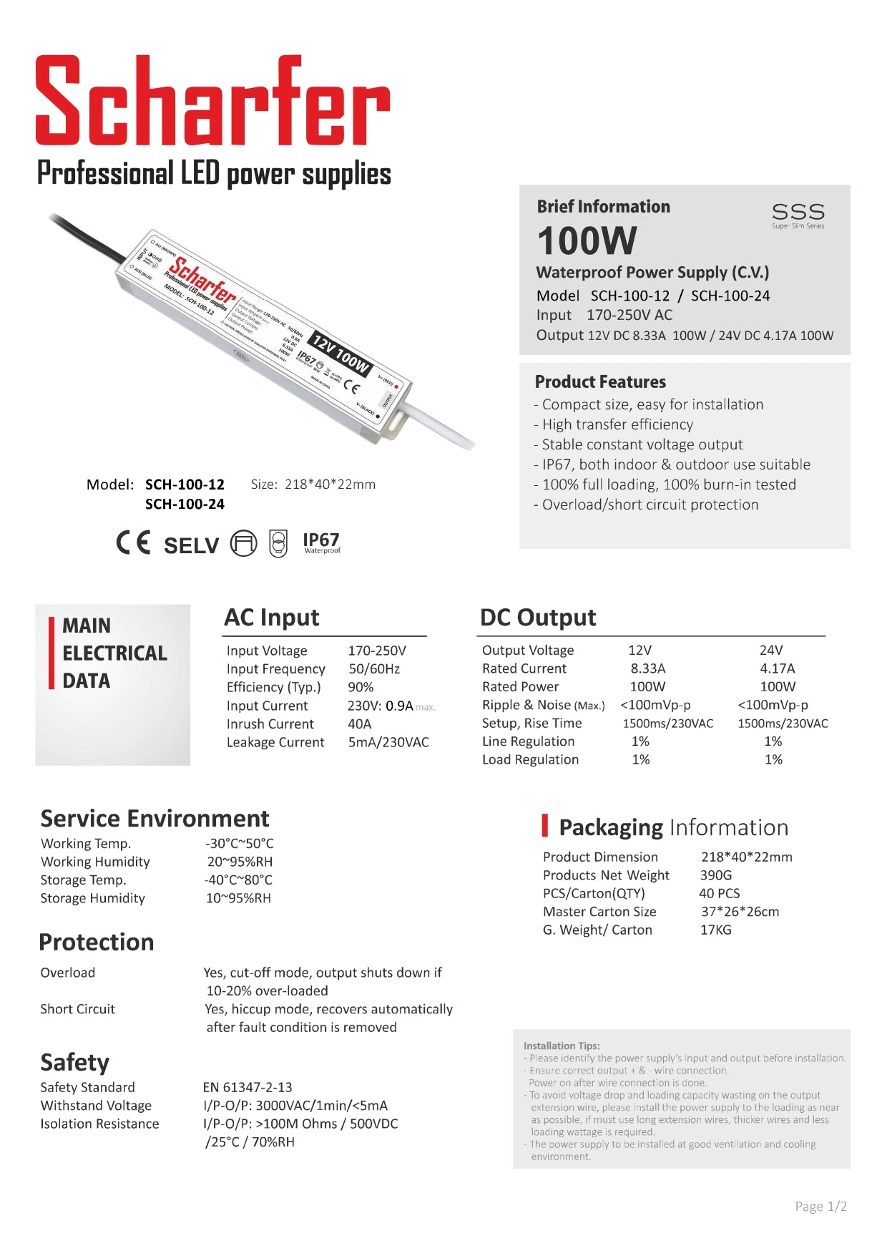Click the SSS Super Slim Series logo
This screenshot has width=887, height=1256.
pyautogui.click(x=798, y=215)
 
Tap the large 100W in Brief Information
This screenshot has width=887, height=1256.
pyautogui.click(x=587, y=241)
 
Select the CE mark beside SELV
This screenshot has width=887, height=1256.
pyautogui.click(x=134, y=543)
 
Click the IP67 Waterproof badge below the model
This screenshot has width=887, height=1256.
pyautogui.click(x=321, y=542)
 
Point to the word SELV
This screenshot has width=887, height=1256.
pyautogui.click(x=191, y=545)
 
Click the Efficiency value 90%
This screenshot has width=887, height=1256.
pyautogui.click(x=361, y=687)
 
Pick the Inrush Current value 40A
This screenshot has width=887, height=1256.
pyautogui.click(x=360, y=724)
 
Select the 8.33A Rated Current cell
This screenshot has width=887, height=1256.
pyautogui.click(x=647, y=668)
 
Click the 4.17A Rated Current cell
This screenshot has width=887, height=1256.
pyautogui.click(x=777, y=668)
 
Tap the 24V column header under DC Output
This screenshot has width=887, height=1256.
pyautogui.click(x=771, y=650)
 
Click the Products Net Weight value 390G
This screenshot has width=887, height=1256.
pyautogui.click(x=715, y=875)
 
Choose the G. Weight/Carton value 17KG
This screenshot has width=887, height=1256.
pyautogui.click(x=715, y=930)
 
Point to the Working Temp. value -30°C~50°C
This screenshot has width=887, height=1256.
pyautogui.click(x=239, y=843)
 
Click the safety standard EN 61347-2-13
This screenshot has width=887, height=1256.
pyautogui.click(x=248, y=1087)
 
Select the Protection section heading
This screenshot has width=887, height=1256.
pyautogui.click(x=97, y=942)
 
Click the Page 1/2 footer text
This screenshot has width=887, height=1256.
pyautogui.click(x=820, y=1207)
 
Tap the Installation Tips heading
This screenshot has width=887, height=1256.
pyautogui.click(x=562, y=1046)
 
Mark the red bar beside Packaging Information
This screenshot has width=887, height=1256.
pyautogui.click(x=545, y=825)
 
